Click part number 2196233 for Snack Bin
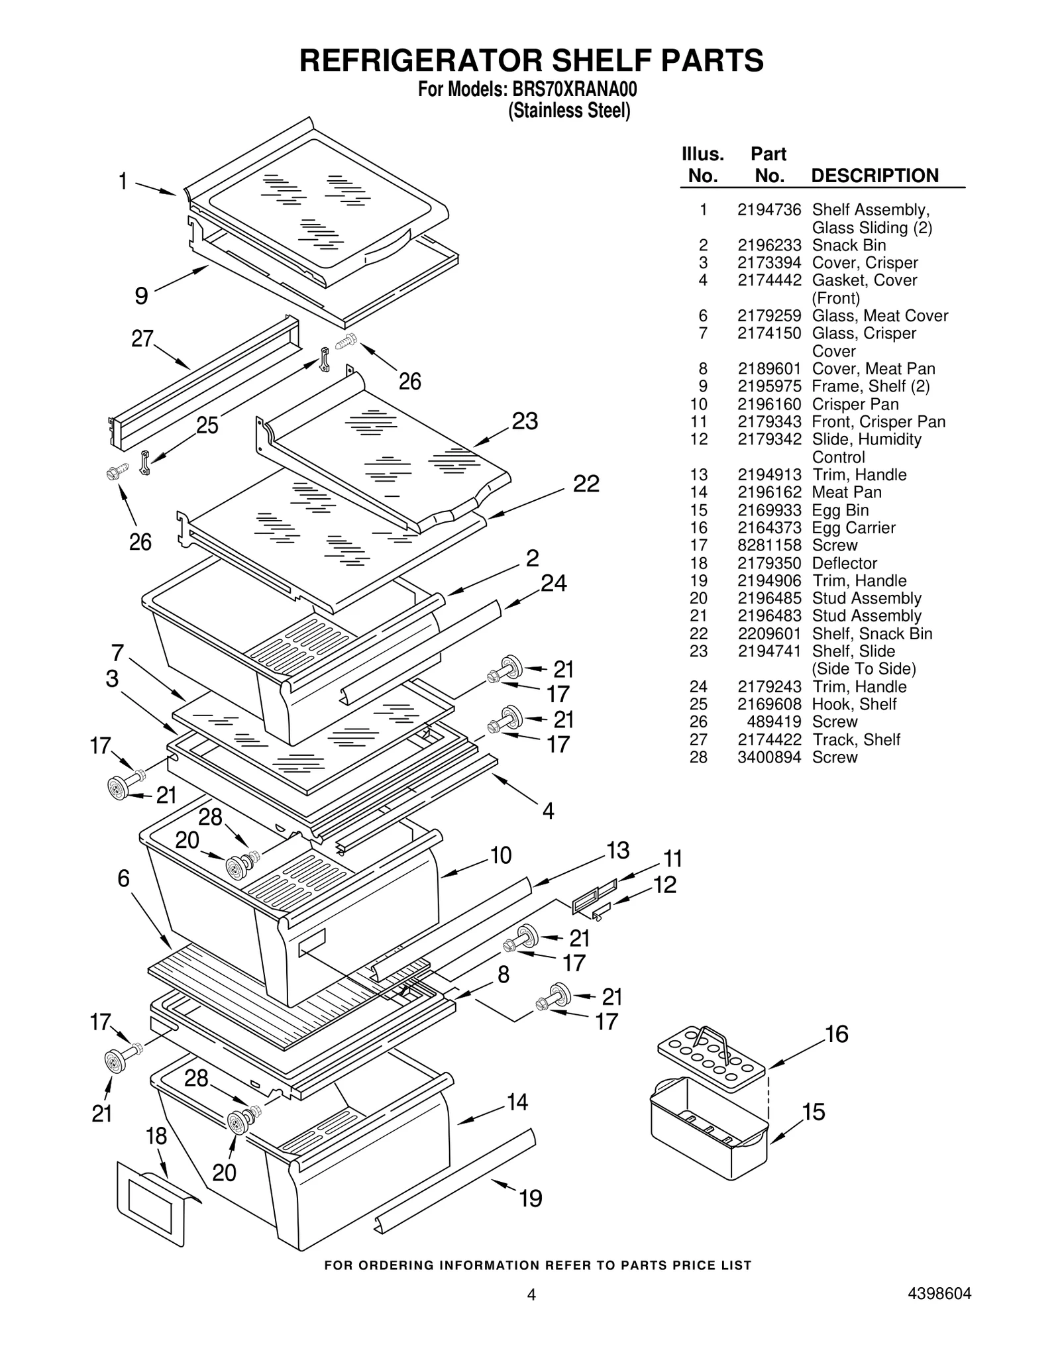pyautogui.click(x=768, y=245)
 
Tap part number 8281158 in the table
pyautogui.click(x=768, y=545)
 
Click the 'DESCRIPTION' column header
pyautogui.click(x=874, y=176)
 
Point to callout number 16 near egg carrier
pyautogui.click(x=837, y=1034)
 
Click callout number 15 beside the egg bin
pyautogui.click(x=814, y=1112)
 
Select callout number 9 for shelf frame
pyautogui.click(x=141, y=295)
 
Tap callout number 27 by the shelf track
pyautogui.click(x=142, y=339)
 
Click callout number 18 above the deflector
pyautogui.click(x=156, y=1137)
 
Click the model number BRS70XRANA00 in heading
pyautogui.click(x=574, y=89)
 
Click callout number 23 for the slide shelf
pyautogui.click(x=525, y=421)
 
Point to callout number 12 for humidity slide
pyautogui.click(x=664, y=884)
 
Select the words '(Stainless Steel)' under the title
pyautogui.click(x=568, y=111)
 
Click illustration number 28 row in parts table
pyautogui.click(x=698, y=757)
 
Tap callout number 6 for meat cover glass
pyautogui.click(x=123, y=878)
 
